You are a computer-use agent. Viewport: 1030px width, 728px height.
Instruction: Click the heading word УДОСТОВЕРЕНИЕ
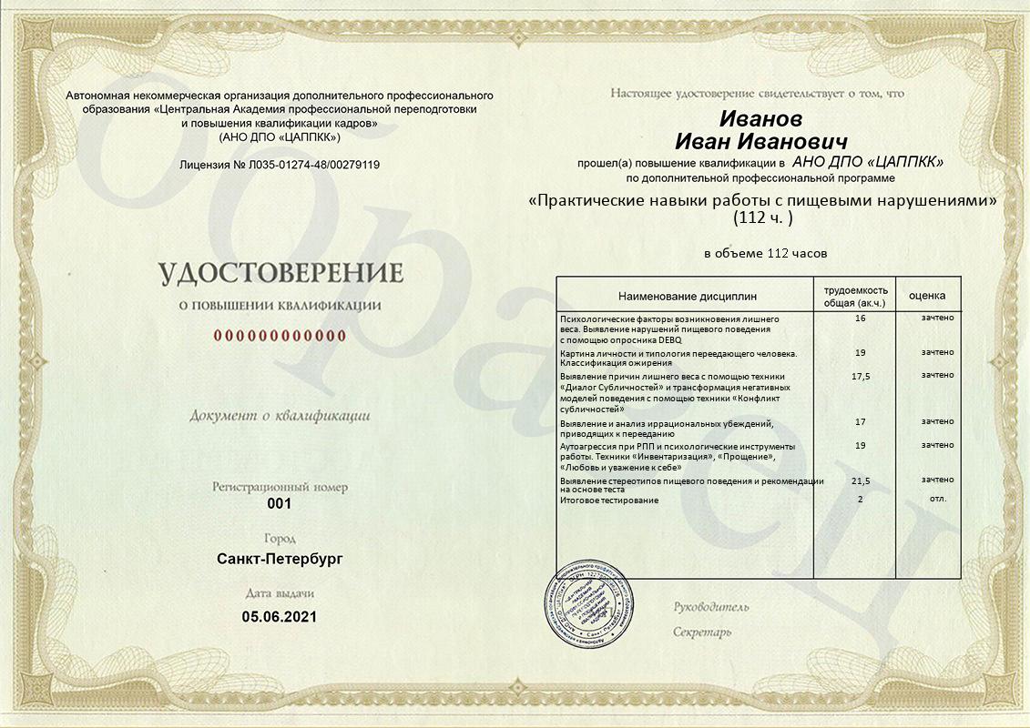coord(280,273)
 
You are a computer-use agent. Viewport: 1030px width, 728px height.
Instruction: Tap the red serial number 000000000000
coord(280,336)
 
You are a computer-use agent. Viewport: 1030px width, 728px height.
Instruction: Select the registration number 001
coord(280,504)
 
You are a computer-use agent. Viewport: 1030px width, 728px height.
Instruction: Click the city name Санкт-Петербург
coord(280,559)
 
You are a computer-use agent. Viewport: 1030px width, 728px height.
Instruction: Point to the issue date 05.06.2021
coord(280,617)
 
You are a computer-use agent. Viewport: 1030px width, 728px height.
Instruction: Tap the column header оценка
coord(927,296)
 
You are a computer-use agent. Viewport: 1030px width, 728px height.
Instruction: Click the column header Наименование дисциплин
coord(687,297)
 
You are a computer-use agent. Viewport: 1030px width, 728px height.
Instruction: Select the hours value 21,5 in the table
coord(860,480)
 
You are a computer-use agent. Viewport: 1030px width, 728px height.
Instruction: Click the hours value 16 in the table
coord(861,318)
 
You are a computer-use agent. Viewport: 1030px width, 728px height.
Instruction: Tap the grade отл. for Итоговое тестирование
coord(937,499)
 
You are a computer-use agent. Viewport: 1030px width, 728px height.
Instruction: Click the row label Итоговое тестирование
coord(608,500)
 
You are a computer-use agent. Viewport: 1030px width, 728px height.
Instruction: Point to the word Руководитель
coord(711,607)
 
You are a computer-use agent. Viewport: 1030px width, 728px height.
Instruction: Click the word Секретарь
coord(702,632)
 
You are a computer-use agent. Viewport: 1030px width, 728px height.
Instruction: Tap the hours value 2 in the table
coord(860,500)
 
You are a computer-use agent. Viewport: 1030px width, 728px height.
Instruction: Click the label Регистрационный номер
coord(280,488)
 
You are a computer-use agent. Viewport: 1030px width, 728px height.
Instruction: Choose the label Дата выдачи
coord(280,593)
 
